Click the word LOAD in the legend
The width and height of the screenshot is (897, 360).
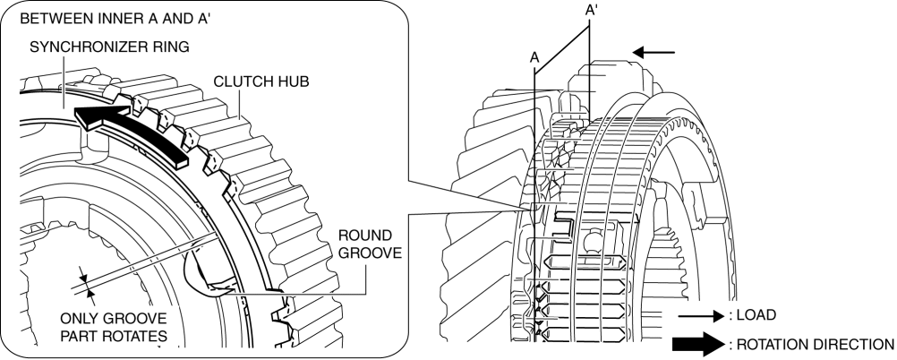(x=756, y=315)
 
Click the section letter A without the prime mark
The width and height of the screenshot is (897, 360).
(x=534, y=56)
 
